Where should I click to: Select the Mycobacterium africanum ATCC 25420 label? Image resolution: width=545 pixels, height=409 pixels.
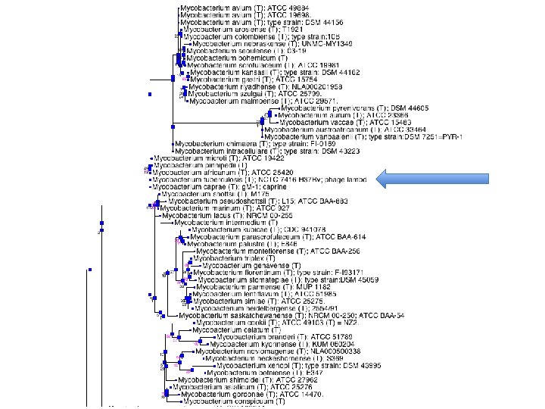(211, 173)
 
